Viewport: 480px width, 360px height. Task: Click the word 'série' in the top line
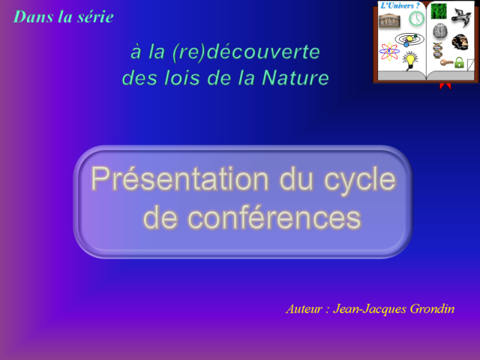[x=95, y=16]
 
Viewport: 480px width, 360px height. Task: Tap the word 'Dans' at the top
[x=32, y=16]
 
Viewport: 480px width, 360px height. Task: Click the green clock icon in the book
[x=416, y=19]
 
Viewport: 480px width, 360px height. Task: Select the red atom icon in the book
[x=389, y=51]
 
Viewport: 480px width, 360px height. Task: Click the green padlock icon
[x=458, y=63]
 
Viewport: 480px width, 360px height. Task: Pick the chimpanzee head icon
[x=460, y=42]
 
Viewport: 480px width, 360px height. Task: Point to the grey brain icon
[x=439, y=31]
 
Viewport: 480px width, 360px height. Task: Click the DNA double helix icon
[x=437, y=49]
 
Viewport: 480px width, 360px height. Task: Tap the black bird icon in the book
[x=460, y=16]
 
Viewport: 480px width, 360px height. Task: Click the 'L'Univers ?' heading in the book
[x=400, y=6]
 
